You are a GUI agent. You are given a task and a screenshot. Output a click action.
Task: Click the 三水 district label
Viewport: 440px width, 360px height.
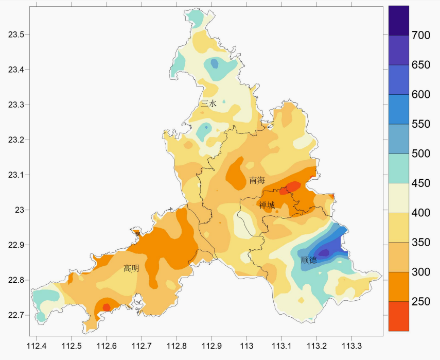[209, 104]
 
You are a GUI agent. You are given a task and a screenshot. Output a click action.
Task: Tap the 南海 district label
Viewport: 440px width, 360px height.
[257, 180]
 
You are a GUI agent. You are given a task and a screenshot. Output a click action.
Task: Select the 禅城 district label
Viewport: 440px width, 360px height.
[267, 205]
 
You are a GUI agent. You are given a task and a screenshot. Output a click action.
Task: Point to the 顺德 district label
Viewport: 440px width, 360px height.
[309, 260]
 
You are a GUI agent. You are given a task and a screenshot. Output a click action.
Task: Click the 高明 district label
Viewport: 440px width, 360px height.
[131, 268]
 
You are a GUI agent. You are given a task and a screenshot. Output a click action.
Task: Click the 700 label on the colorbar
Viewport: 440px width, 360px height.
[421, 35]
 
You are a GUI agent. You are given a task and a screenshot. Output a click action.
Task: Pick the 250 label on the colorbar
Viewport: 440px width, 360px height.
[421, 301]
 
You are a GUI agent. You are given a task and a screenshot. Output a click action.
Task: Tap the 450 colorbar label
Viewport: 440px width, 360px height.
[421, 183]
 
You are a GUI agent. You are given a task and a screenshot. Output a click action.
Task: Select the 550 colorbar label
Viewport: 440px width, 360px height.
[421, 124]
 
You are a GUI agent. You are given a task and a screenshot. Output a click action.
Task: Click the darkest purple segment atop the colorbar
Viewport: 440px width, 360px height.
[399, 21]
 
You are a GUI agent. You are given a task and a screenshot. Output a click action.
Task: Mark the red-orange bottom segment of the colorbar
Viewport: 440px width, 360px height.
[399, 316]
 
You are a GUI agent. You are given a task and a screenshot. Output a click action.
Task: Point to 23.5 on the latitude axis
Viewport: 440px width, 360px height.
[16, 35]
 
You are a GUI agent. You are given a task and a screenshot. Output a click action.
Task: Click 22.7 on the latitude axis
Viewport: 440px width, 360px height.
[16, 315]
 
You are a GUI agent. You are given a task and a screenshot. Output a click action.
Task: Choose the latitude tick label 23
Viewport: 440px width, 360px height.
[20, 210]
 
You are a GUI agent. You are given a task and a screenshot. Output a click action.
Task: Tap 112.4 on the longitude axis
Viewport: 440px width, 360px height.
[37, 346]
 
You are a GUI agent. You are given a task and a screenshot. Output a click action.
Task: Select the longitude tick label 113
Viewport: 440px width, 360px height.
[247, 346]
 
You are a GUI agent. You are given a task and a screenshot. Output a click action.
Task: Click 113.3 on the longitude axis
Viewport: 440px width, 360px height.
[352, 346]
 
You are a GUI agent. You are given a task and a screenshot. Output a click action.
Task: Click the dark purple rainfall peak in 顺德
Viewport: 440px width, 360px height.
[324, 253]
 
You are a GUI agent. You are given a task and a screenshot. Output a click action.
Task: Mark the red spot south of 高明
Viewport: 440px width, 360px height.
[107, 307]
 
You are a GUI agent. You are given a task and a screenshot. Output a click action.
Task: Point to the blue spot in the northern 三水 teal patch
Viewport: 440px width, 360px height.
[215, 63]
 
